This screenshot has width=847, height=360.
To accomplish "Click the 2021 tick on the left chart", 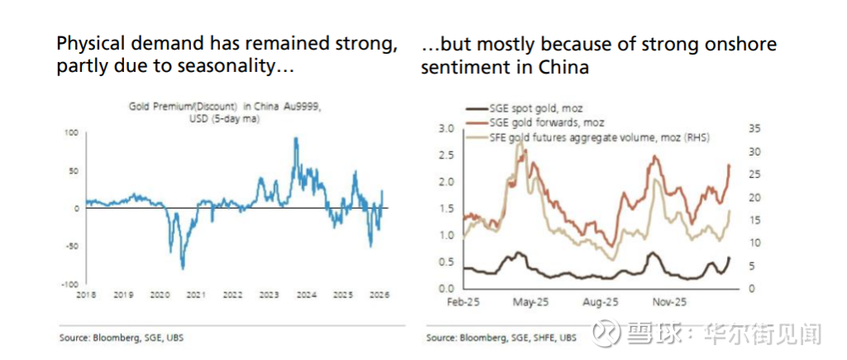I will [x=195, y=295].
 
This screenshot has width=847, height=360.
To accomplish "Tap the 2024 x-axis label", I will [x=305, y=295].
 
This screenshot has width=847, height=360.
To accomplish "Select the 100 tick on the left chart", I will [x=72, y=132].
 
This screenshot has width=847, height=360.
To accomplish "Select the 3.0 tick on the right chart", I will [x=447, y=128].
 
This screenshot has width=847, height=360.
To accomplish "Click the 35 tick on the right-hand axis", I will [x=754, y=128].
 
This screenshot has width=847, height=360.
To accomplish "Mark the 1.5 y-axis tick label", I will [x=447, y=208].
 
